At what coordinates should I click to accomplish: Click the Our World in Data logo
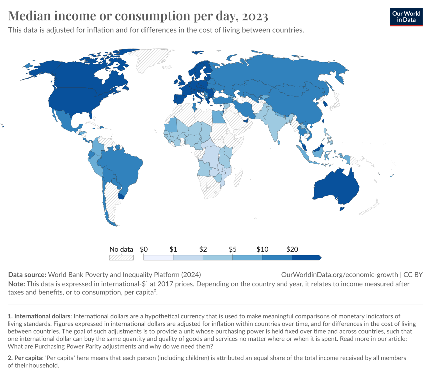point(406,17)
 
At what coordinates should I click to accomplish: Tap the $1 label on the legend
point(173,249)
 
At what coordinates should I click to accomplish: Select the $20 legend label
point(292,249)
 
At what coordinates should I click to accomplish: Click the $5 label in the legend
point(233,249)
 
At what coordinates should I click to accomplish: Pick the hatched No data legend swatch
point(121,258)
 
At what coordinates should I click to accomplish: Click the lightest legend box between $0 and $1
point(158,258)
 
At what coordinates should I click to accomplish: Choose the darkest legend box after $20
point(306,258)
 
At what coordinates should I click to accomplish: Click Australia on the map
point(337,187)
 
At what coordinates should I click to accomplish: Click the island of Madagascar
point(239,178)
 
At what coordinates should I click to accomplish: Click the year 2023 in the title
point(255,16)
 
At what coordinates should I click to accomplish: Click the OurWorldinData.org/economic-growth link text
point(340,275)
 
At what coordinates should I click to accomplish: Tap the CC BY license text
point(413,275)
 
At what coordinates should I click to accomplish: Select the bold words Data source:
point(27,275)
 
